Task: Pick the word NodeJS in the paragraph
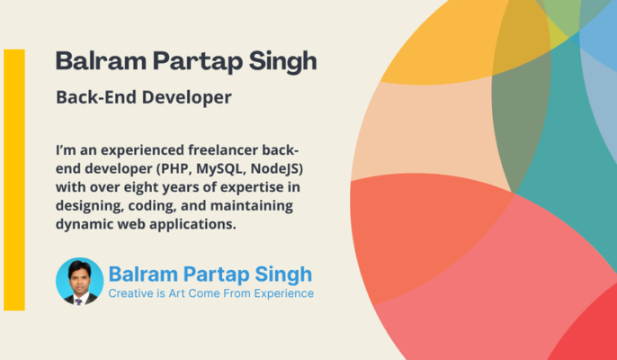(278, 168)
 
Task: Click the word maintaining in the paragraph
(249, 206)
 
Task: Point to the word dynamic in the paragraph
(85, 224)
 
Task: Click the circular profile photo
(79, 281)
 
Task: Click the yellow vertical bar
(14, 180)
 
